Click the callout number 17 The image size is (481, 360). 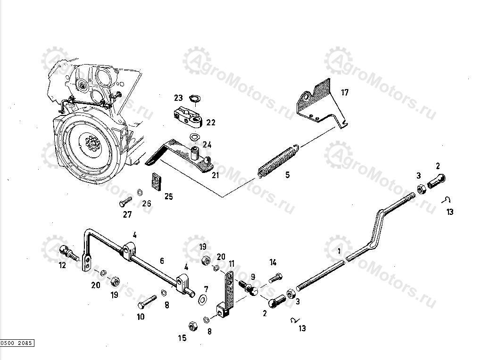pos(345,92)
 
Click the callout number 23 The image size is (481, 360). pos(178,98)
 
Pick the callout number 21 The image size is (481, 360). pos(216,176)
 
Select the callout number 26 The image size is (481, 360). pos(147,204)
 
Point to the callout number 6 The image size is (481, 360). pos(162,260)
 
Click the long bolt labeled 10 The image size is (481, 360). pos(147,300)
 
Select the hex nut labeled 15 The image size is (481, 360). pos(192,326)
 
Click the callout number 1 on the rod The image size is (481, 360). pos(339,252)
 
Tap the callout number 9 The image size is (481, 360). pos(253,277)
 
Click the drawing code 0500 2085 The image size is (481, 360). pos(17,343)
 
